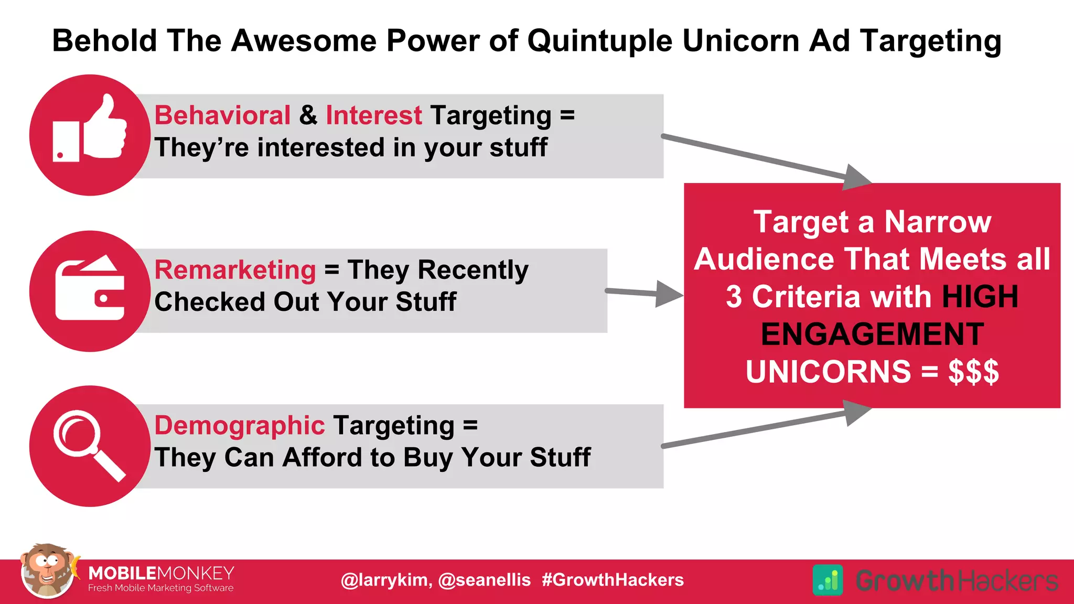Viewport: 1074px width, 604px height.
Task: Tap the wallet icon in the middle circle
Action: [x=90, y=288]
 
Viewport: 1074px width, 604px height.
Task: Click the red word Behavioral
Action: [x=222, y=115]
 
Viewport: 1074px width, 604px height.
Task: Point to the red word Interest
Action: [x=373, y=115]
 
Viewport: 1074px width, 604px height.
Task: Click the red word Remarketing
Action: [x=235, y=270]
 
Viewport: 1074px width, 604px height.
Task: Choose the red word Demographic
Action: [x=240, y=425]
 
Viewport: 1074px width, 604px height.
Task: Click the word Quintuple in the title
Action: [x=599, y=40]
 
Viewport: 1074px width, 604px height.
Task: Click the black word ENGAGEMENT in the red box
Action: [x=872, y=334]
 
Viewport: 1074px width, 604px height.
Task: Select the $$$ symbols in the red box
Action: [x=973, y=372]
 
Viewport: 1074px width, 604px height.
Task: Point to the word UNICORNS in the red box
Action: [x=829, y=372]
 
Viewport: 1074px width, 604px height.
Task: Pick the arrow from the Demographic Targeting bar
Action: [x=766, y=427]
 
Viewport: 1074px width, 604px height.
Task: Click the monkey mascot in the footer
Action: [x=47, y=571]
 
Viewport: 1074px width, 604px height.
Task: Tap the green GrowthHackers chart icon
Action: [x=828, y=580]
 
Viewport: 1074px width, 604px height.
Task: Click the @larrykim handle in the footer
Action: [x=386, y=580]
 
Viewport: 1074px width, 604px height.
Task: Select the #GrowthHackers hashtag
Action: [x=613, y=580]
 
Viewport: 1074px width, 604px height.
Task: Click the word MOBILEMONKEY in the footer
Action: [x=161, y=573]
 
